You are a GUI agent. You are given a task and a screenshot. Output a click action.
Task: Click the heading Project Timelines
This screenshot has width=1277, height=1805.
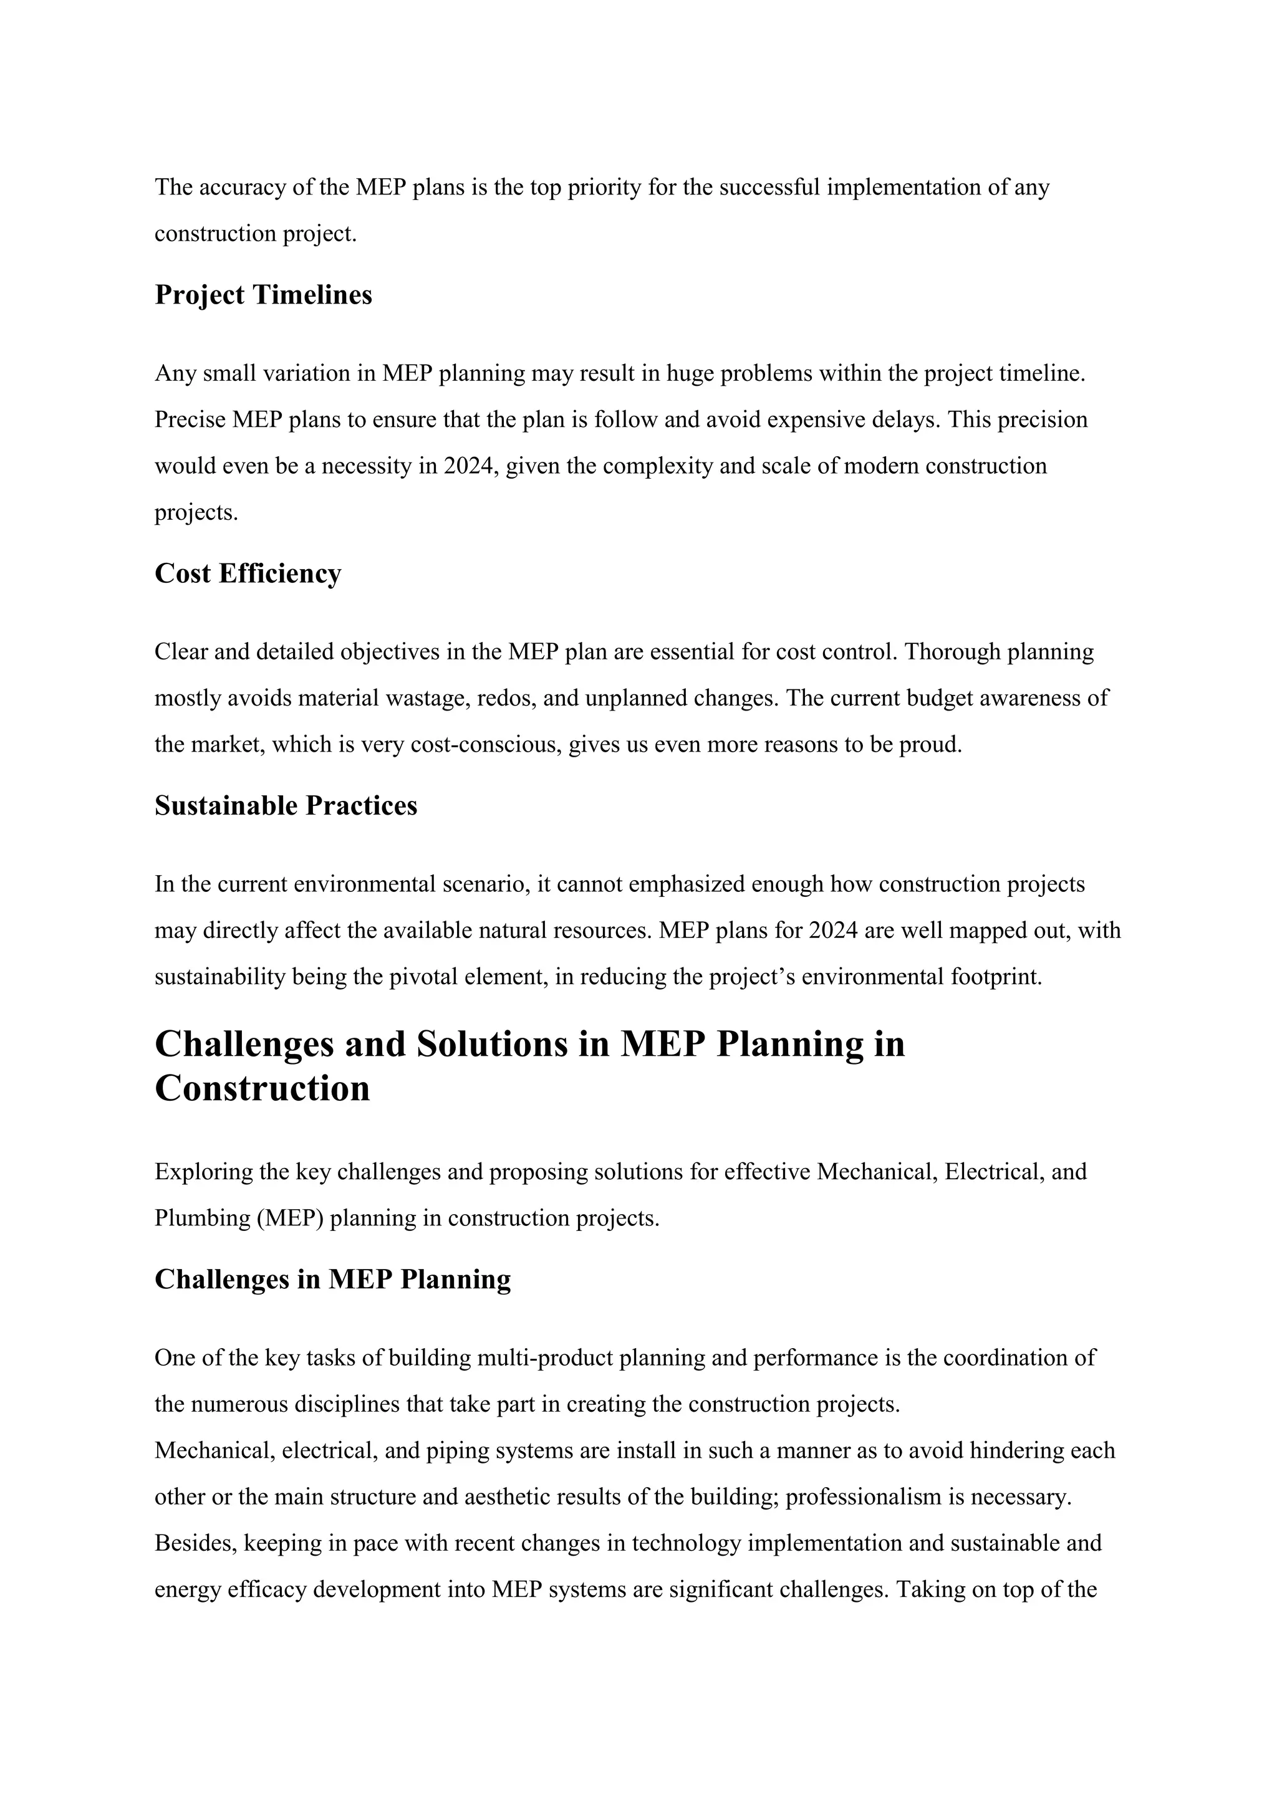263,295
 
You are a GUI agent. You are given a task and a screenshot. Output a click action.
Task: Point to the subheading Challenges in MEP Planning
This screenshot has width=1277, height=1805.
332,1279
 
